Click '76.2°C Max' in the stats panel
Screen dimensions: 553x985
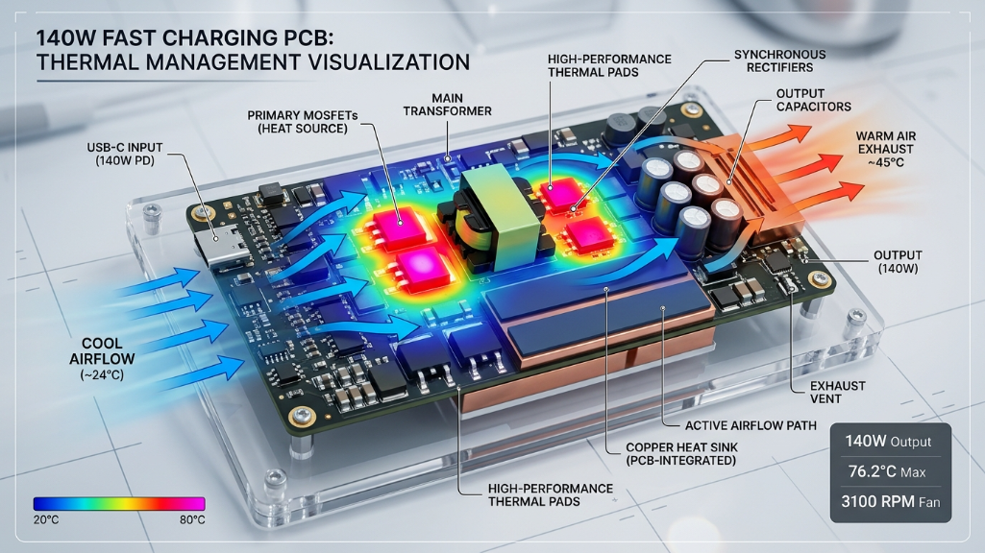890,472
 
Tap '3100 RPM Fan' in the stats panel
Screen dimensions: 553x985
890,502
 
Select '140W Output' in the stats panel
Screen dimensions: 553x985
890,442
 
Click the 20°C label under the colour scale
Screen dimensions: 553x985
47,519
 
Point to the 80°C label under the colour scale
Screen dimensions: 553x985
191,519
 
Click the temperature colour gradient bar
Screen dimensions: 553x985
118,503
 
